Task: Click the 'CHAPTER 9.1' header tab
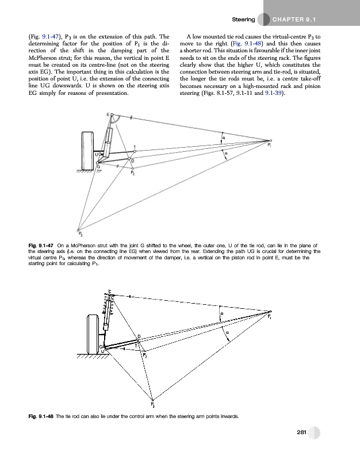[x=298, y=20]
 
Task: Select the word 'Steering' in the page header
[x=243, y=20]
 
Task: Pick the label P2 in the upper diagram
[x=133, y=172]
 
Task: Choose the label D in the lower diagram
[x=138, y=336]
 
